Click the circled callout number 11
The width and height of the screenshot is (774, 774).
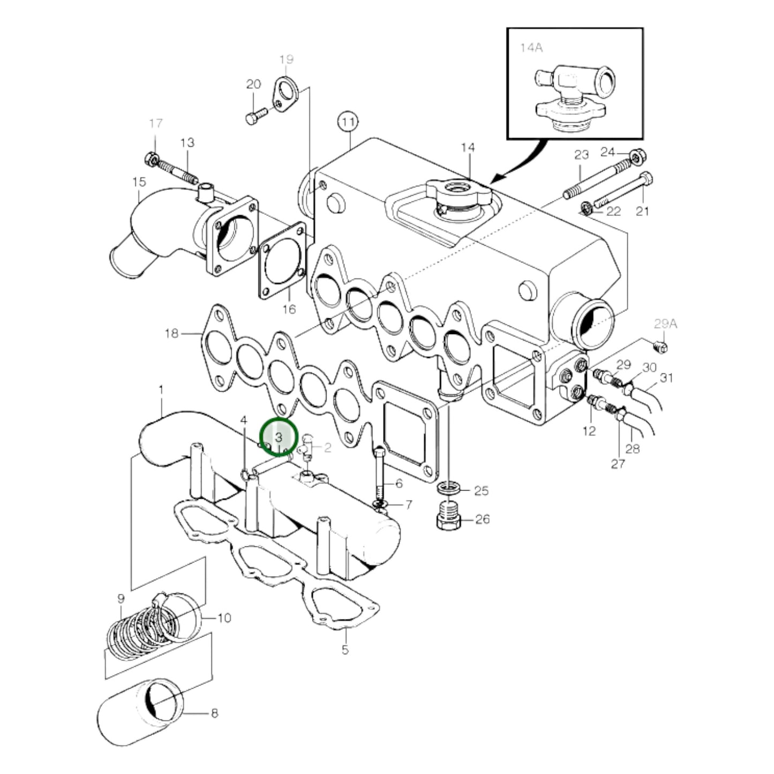tap(348, 122)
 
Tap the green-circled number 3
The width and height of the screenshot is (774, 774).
tap(279, 437)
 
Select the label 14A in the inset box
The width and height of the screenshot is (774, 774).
tap(531, 48)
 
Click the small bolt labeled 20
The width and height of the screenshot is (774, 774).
tap(256, 116)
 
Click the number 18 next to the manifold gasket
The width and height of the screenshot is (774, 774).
tap(171, 334)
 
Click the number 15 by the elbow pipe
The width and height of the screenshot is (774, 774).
tap(139, 182)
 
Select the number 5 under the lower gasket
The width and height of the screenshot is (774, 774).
tap(345, 650)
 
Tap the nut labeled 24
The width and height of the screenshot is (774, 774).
tap(636, 157)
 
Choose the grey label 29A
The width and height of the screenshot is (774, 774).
tap(665, 324)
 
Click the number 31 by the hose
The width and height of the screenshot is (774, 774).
tap(666, 378)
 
